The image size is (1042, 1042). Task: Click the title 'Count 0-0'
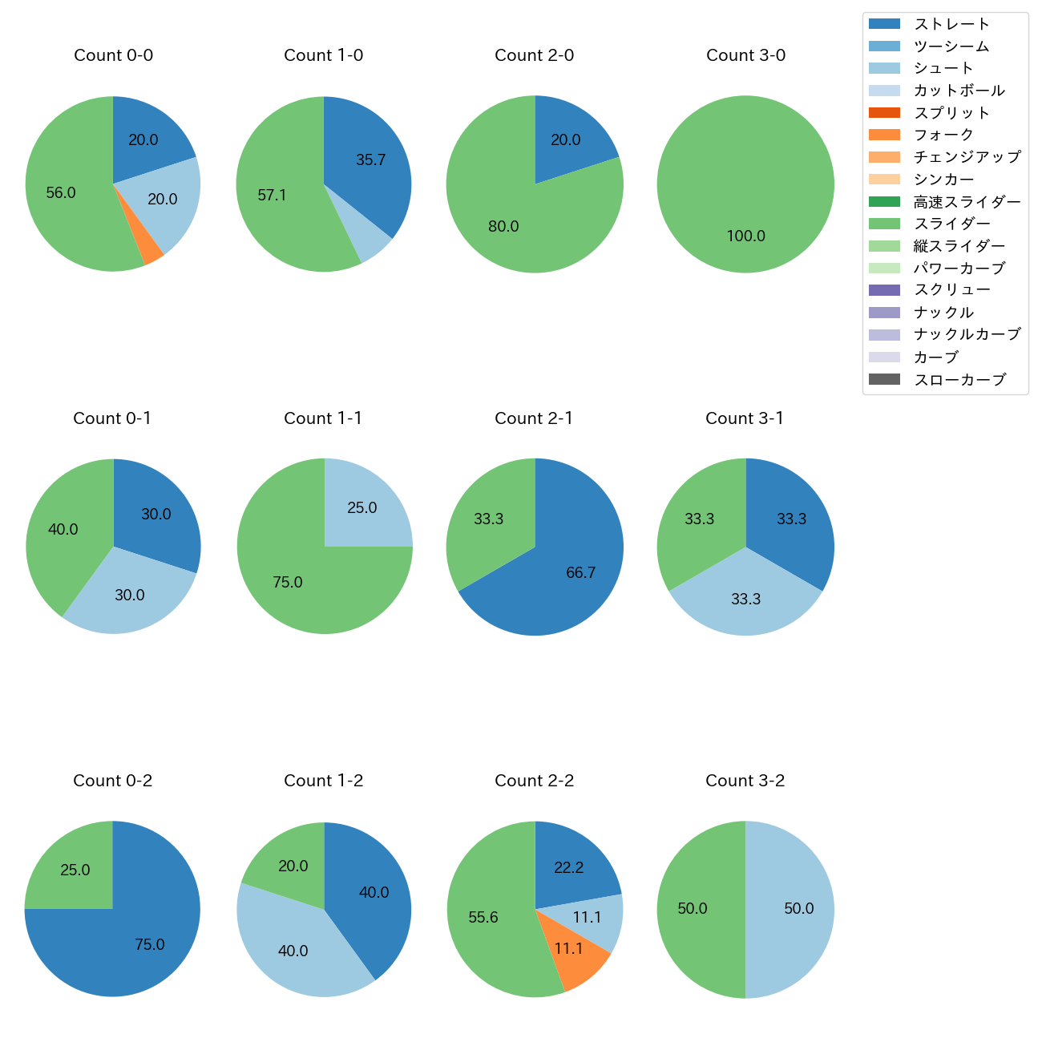pyautogui.click(x=113, y=55)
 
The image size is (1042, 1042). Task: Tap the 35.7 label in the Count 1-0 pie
pyautogui.click(x=371, y=160)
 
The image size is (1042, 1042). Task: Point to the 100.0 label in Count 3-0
pyautogui.click(x=745, y=236)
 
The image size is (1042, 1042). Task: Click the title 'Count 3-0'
pyautogui.click(x=745, y=55)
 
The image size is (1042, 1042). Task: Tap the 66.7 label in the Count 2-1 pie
pyautogui.click(x=580, y=572)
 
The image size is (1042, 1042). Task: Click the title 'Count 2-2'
pyautogui.click(x=534, y=781)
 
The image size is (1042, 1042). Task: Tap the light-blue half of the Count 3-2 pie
pyautogui.click(x=794, y=909)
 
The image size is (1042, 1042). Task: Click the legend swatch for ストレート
pyautogui.click(x=884, y=24)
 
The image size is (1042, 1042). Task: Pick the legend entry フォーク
pyautogui.click(x=943, y=135)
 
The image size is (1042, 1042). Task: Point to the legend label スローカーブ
pyautogui.click(x=959, y=380)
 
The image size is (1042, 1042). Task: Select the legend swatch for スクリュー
pyautogui.click(x=884, y=290)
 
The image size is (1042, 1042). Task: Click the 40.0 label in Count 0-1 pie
pyautogui.click(x=63, y=530)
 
